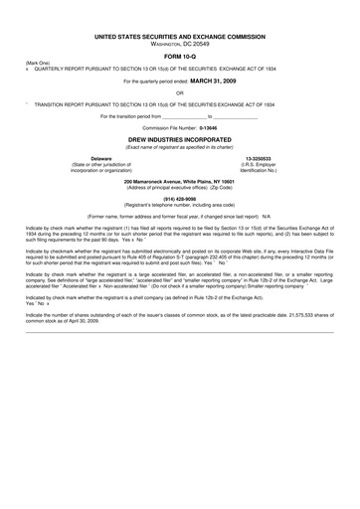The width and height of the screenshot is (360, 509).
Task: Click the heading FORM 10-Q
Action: point(180,55)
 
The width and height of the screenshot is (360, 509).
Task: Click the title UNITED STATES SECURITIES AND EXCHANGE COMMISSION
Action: point(180,35)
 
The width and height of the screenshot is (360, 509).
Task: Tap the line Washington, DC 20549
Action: point(180,43)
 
